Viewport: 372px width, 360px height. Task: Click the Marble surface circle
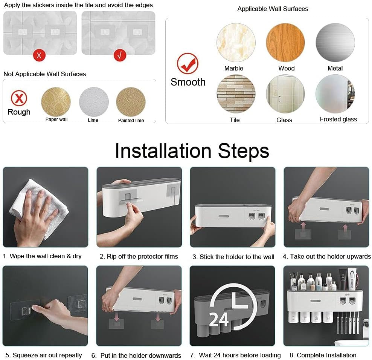[x=236, y=43]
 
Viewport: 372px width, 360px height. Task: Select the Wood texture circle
[x=285, y=43]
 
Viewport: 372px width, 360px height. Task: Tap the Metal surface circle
[x=335, y=43]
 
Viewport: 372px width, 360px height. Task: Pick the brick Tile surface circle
[x=236, y=94]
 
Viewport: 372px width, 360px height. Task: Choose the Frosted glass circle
[x=335, y=94]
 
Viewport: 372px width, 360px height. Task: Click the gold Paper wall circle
[x=56, y=102]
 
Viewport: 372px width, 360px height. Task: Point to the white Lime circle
[x=94, y=102]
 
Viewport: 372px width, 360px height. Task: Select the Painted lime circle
[x=131, y=102]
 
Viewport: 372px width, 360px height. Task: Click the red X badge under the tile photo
[x=39, y=55]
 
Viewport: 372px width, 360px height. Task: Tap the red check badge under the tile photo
[x=120, y=55]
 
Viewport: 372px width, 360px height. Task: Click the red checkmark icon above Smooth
[x=188, y=64]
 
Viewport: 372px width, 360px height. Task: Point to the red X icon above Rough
[x=19, y=98]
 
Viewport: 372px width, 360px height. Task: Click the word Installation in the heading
[x=163, y=151]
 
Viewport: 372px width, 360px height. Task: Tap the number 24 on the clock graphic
[x=219, y=319]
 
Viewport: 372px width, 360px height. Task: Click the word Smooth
[x=188, y=82]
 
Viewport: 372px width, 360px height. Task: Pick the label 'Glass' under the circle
[x=284, y=120]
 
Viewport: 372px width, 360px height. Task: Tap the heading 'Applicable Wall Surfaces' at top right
[x=273, y=9]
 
